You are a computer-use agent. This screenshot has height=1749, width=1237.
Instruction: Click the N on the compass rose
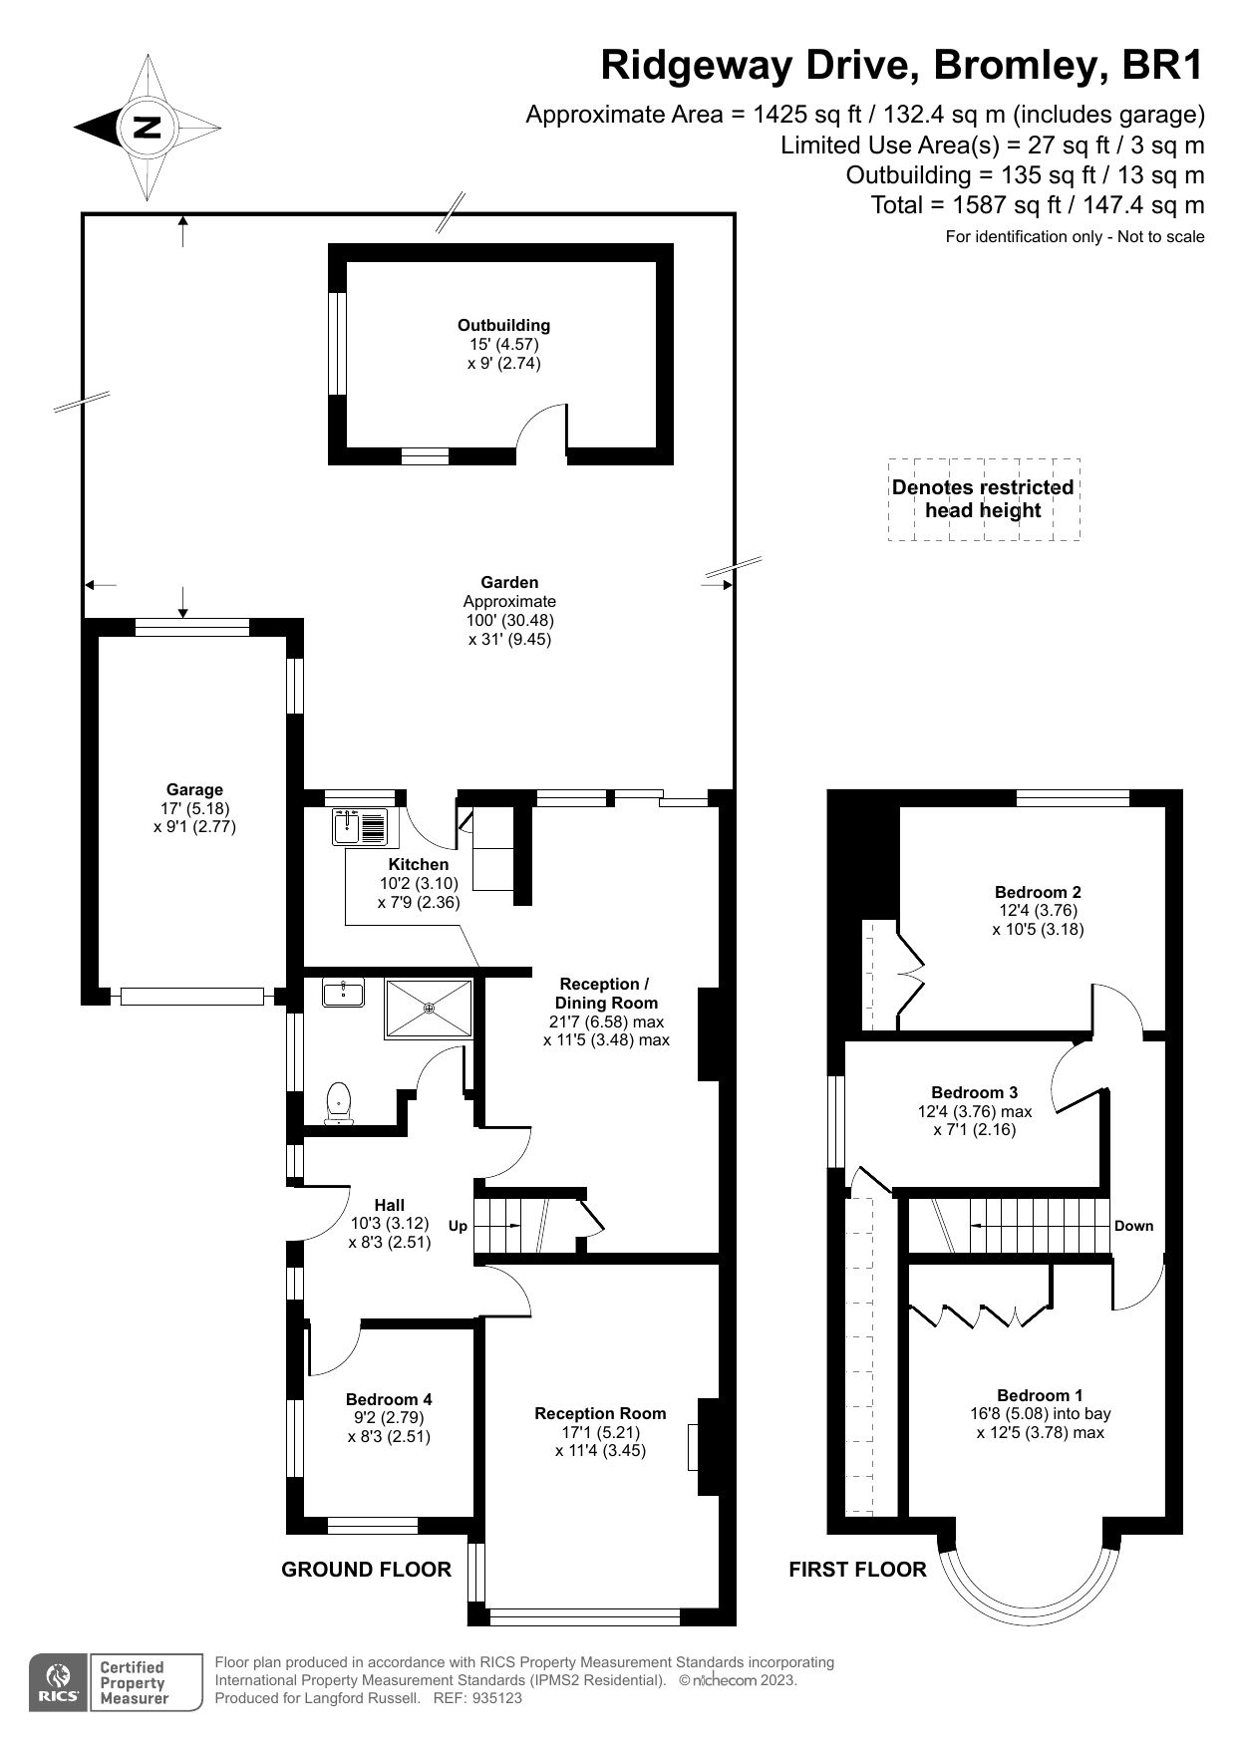[x=148, y=128]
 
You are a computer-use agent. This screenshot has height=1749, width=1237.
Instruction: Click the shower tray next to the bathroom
[x=430, y=1009]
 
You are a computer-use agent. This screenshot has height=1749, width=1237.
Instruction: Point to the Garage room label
[x=194, y=789]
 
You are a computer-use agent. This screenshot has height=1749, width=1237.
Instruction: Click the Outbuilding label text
[x=503, y=325]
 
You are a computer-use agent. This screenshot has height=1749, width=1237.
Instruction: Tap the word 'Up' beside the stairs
[x=458, y=1226]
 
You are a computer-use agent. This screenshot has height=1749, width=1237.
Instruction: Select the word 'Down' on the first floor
[x=1133, y=1226]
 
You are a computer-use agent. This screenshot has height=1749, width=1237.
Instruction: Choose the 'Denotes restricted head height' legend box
[x=983, y=499]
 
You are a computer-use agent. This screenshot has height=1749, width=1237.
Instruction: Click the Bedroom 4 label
[x=389, y=1399]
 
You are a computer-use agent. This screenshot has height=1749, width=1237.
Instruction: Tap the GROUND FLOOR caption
[x=366, y=1570]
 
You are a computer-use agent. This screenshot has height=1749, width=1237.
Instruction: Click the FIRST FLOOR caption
[x=857, y=1570]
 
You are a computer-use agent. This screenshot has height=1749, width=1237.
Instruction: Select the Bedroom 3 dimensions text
[x=975, y=1120]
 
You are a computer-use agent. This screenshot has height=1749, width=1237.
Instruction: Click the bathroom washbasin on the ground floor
[x=343, y=992]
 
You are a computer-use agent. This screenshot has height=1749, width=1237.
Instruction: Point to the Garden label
[x=509, y=582]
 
